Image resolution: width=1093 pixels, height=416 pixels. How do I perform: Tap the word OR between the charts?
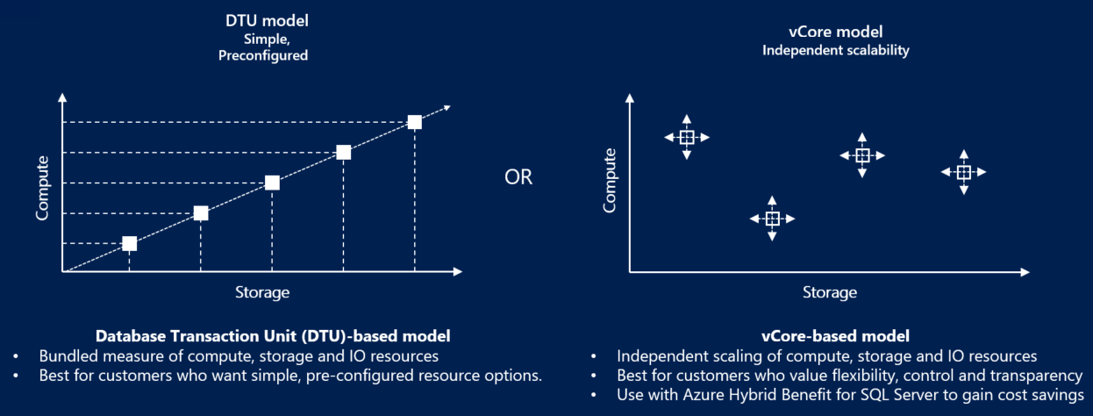[x=518, y=176]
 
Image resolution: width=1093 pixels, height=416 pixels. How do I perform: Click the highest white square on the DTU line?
[x=415, y=122]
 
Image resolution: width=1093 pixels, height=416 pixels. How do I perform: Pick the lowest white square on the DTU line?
[x=129, y=243]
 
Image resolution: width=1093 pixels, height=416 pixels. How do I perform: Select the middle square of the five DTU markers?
[x=272, y=183]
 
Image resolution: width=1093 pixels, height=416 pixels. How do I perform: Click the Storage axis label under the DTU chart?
[x=262, y=291]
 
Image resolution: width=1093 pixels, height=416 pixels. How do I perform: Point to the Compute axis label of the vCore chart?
[x=611, y=180]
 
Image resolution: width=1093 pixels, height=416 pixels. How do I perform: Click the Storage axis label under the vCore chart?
[x=829, y=291]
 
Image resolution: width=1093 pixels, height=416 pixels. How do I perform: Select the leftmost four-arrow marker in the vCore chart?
[x=687, y=137]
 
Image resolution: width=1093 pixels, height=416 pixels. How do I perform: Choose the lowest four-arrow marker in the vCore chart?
[x=772, y=219]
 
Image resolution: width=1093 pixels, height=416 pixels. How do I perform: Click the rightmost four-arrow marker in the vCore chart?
[x=963, y=172]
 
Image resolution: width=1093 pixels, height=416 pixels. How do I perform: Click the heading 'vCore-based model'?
[x=835, y=335]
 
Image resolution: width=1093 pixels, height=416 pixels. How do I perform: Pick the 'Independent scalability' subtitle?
[x=835, y=50]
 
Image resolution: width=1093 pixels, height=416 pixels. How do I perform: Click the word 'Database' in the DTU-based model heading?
[x=130, y=335]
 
